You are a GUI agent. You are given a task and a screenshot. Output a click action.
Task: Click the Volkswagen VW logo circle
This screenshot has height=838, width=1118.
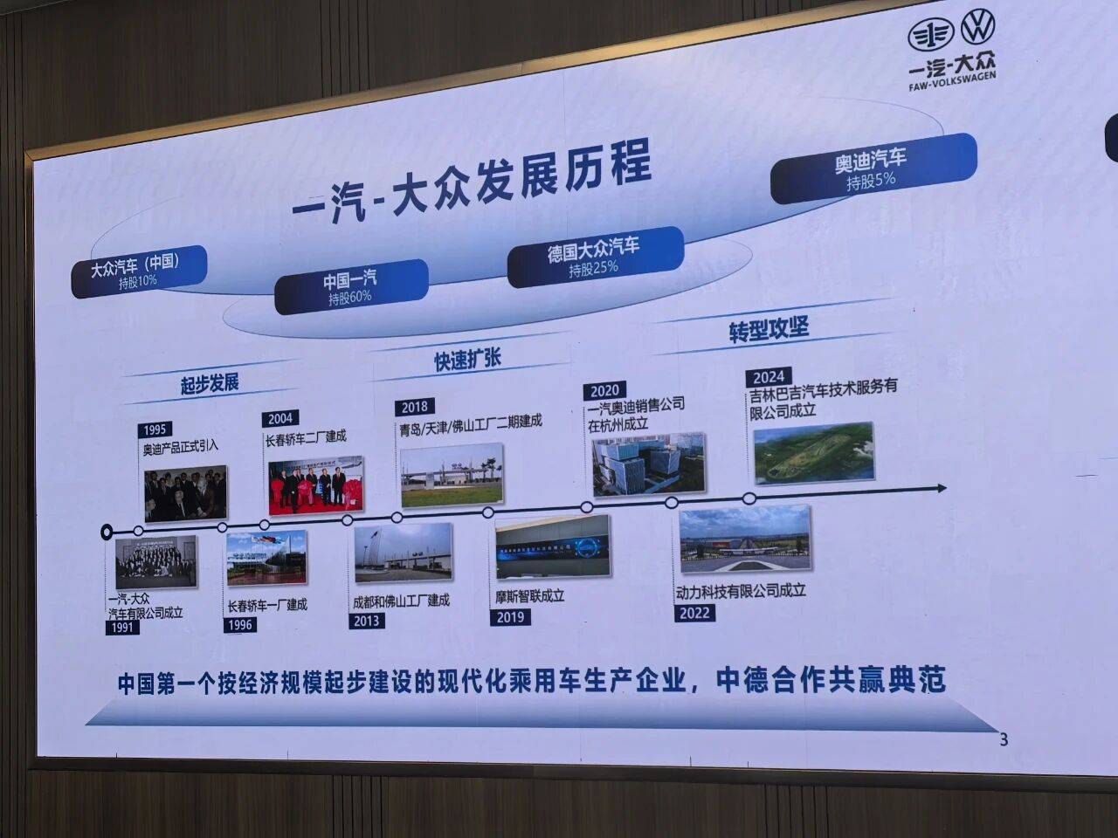tap(977, 27)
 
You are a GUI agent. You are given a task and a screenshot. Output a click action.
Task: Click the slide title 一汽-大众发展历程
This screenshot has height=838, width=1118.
tap(472, 184)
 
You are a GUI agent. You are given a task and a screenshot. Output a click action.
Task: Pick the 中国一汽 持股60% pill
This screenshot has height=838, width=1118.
tap(350, 287)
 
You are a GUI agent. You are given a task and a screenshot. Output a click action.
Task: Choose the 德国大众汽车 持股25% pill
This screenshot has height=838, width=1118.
tap(594, 257)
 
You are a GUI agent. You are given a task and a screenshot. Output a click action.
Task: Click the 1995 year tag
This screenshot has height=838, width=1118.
tap(154, 429)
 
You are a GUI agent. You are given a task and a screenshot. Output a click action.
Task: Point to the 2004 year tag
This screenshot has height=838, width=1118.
tap(280, 418)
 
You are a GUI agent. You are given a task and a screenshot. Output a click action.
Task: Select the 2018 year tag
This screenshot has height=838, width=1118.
tap(415, 407)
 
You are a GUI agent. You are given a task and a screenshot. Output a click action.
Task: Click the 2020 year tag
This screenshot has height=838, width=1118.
tap(604, 390)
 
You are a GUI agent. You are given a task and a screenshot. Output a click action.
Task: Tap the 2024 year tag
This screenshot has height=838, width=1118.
tap(769, 377)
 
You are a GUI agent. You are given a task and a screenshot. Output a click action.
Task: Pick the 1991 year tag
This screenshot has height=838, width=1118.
tap(122, 627)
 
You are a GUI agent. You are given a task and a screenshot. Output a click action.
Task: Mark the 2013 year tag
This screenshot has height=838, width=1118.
tap(367, 621)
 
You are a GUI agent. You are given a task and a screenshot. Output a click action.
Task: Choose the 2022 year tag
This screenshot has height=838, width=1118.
tap(694, 613)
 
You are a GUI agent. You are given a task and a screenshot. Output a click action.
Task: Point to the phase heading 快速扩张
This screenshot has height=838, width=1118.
tap(467, 359)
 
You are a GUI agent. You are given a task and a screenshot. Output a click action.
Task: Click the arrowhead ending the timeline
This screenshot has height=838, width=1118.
tap(941, 488)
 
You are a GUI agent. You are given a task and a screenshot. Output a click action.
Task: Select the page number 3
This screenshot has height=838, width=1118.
tap(1004, 739)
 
